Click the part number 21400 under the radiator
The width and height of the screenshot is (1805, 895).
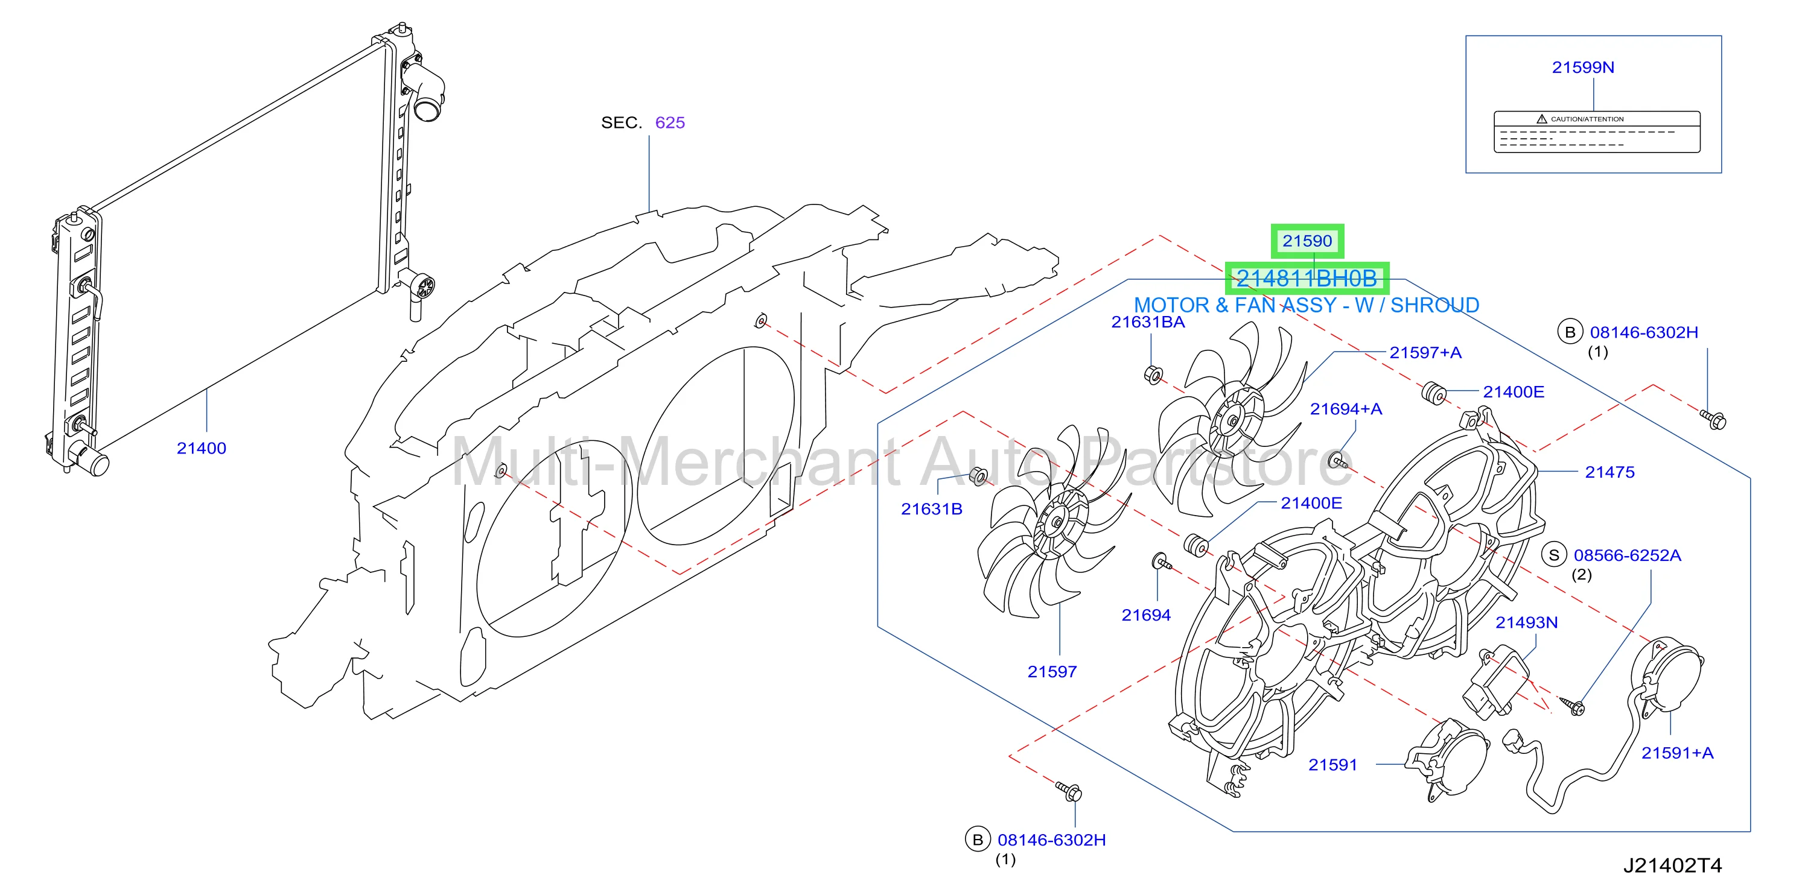[x=201, y=448]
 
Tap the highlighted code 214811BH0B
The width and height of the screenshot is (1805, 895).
[x=1306, y=279]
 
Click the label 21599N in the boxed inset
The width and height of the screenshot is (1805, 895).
[x=1583, y=67]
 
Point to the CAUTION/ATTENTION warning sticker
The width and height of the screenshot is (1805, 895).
[x=1597, y=131]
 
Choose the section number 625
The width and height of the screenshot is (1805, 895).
[x=670, y=122]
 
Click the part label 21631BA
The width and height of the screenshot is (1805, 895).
[x=1148, y=322]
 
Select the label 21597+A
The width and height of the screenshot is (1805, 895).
[x=1425, y=352]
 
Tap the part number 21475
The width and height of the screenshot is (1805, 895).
[x=1609, y=472]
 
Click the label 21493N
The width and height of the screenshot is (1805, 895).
[x=1527, y=622]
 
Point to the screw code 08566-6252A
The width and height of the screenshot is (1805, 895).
[x=1627, y=555]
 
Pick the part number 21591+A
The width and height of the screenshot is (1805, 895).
[x=1678, y=753]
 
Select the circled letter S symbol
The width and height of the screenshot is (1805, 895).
[x=1553, y=555]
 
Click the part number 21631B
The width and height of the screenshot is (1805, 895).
[x=931, y=509]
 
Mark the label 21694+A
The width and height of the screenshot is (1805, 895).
[x=1346, y=409]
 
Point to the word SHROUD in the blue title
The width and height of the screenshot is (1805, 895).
[x=1434, y=305]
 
